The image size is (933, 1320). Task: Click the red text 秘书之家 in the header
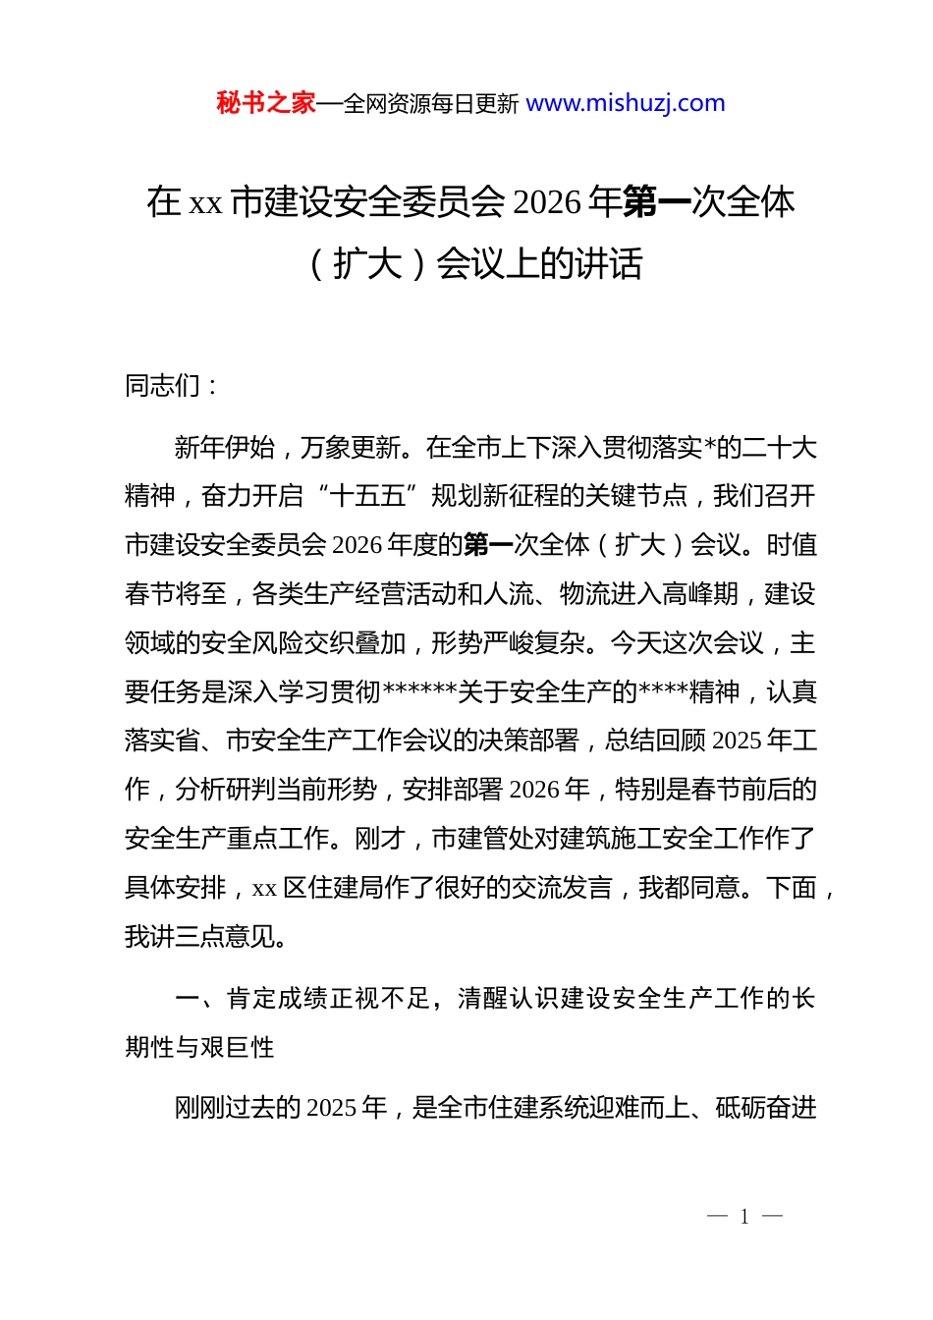pos(266,103)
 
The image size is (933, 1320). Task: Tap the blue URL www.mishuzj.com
pos(626,103)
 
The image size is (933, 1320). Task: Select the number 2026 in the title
pos(547,202)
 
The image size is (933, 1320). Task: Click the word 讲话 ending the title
pos(609,263)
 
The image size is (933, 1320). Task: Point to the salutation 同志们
pos(163,386)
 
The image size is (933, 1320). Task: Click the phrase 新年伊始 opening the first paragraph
pos(225,448)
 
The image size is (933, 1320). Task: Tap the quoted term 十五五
pos(367,496)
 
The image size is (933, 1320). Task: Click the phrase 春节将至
pos(176,594)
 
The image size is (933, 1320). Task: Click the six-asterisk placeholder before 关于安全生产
pos(419,692)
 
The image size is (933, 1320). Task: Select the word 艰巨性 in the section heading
pos(238,1048)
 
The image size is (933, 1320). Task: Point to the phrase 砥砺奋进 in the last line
pos(766,1108)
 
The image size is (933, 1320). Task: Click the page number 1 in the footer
pos(744,1217)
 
